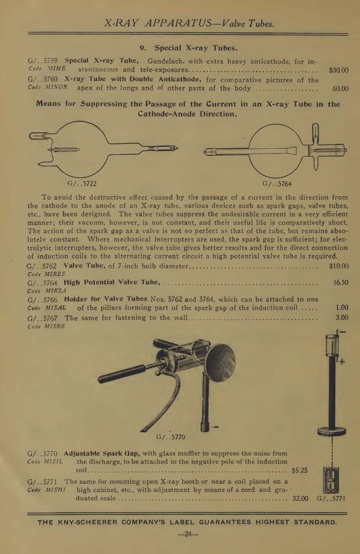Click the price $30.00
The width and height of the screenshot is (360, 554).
click(338, 70)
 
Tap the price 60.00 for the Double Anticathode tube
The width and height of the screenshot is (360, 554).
click(341, 89)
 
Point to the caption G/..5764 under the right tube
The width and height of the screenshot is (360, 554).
click(277, 183)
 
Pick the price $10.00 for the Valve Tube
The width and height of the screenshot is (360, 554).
click(338, 266)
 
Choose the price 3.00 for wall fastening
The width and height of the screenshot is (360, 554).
click(342, 318)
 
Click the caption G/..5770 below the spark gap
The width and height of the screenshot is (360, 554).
click(170, 437)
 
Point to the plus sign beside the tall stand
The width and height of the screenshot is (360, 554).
click(342, 362)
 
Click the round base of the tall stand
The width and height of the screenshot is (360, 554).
click(332, 431)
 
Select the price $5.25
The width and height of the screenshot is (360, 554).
click(299, 470)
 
